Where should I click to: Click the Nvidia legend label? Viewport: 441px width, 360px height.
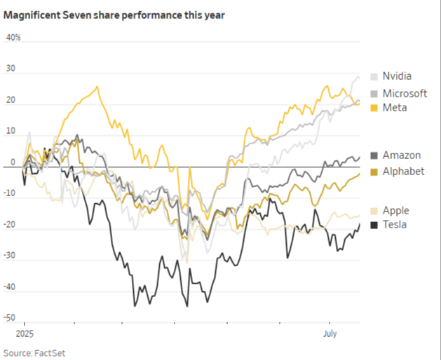click(397, 76)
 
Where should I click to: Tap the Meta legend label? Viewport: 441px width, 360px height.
click(395, 108)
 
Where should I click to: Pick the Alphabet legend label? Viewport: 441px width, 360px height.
click(403, 171)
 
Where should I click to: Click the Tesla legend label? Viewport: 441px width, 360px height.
click(395, 225)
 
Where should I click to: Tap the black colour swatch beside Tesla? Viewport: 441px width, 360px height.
click(374, 225)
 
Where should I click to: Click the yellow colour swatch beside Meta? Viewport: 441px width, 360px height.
click(374, 108)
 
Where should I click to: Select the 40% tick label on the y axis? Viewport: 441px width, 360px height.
click(13, 38)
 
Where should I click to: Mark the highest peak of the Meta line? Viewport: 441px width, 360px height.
click(97, 87)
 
